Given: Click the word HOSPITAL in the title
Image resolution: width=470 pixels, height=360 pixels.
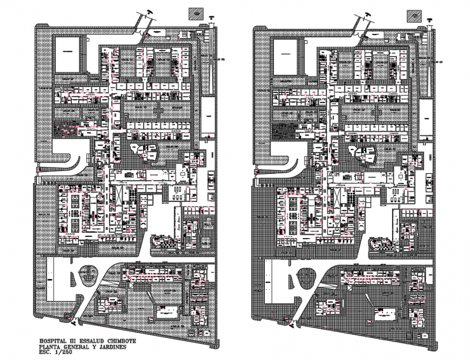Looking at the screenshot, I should (x=53, y=342).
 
